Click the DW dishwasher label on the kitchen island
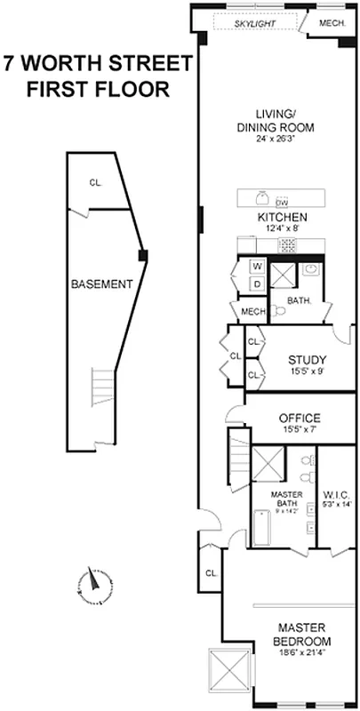[x=283, y=201]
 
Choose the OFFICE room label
[x=300, y=418]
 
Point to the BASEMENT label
[x=102, y=284]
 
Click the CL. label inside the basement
[x=95, y=183]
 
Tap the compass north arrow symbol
[x=92, y=582]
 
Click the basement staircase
[x=104, y=386]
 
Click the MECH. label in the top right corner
[x=331, y=23]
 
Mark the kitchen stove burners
[x=287, y=244]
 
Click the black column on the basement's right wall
[x=142, y=256]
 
